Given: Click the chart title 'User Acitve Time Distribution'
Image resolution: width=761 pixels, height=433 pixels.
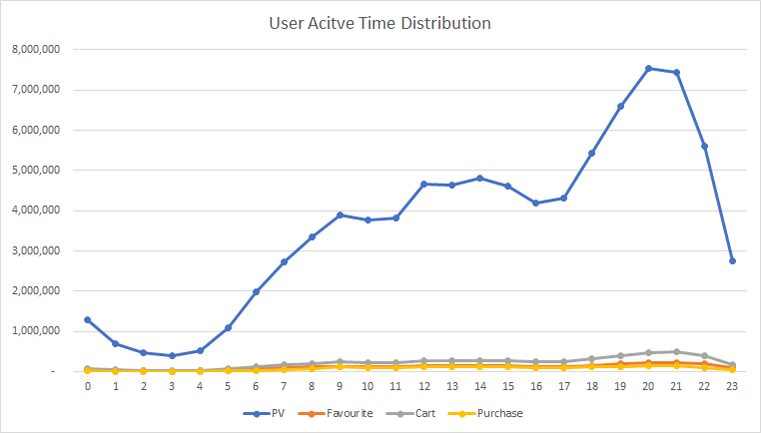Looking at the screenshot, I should click(380, 21).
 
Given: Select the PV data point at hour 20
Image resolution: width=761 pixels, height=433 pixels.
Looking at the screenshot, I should click(648, 69).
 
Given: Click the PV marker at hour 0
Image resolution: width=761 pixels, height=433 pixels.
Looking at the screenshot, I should click(88, 319).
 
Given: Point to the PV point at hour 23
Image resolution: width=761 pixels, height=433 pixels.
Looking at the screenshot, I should click(732, 260).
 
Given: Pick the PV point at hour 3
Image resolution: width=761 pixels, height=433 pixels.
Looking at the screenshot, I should click(172, 355).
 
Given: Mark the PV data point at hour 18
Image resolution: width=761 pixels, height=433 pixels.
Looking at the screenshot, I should click(592, 153).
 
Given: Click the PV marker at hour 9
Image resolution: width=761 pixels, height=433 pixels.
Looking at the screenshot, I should click(340, 215).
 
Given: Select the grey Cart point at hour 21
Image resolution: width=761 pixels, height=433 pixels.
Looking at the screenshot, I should click(676, 351).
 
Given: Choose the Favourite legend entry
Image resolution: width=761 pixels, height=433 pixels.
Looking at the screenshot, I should click(342, 412).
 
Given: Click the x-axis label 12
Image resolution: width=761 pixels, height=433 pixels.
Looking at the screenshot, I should click(423, 385).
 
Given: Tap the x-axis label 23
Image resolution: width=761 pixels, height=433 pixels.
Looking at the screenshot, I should click(732, 385).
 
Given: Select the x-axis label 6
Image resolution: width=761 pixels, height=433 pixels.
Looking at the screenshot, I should click(256, 385).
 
